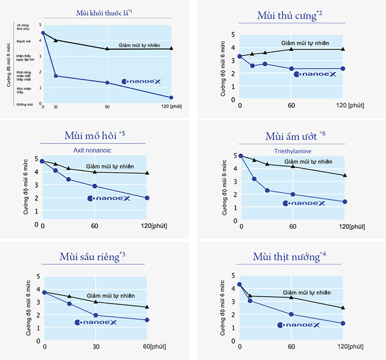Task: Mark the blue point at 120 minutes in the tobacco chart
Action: pos(171,97)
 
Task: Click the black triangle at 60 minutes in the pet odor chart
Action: pos(291,49)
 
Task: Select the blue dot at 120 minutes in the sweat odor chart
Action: pos(147,198)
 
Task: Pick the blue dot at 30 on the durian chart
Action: pos(96,316)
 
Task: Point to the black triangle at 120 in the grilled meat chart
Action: pos(343,308)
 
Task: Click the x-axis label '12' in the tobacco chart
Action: pos(56,107)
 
